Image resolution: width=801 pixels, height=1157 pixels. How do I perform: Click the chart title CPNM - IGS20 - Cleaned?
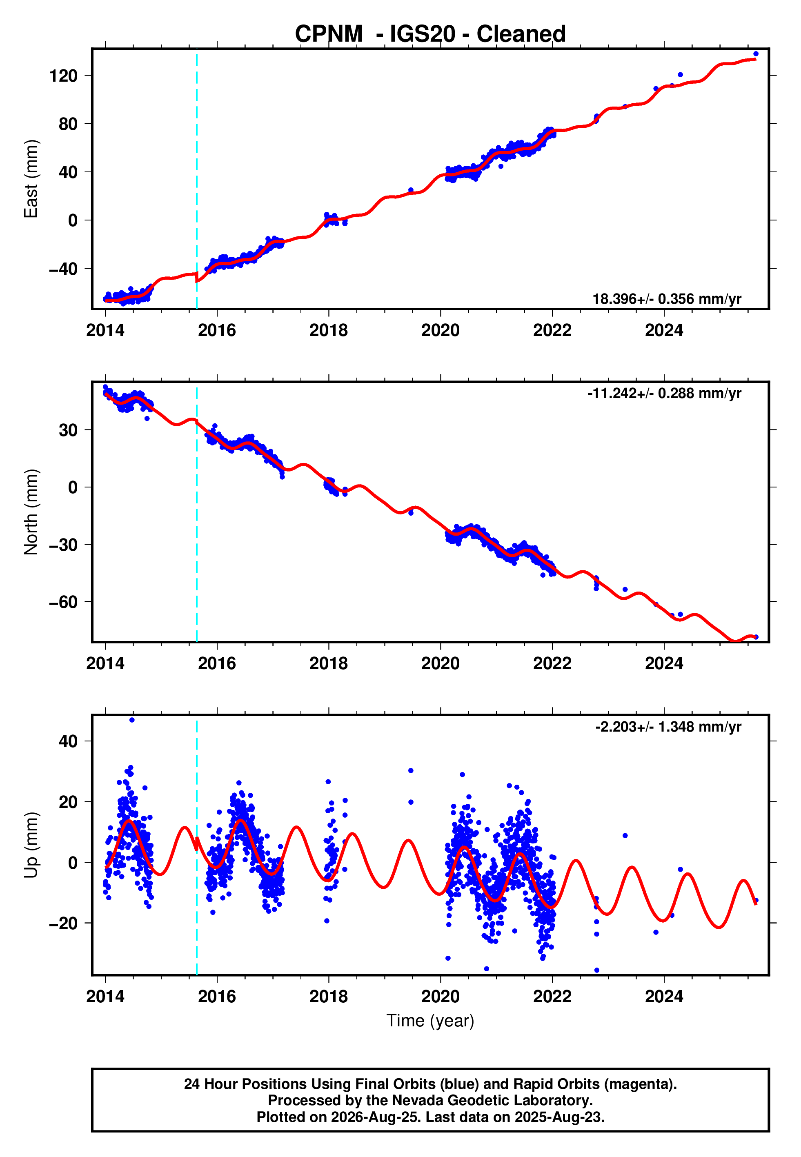pyautogui.click(x=430, y=33)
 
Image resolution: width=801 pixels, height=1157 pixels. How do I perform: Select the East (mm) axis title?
pyautogui.click(x=31, y=179)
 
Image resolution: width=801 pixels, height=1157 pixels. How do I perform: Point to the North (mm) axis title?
pyautogui.click(x=31, y=512)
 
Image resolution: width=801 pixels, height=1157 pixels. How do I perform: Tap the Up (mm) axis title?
pyautogui.click(x=31, y=845)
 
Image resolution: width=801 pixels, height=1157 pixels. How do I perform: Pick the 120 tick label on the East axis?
pyautogui.click(x=63, y=76)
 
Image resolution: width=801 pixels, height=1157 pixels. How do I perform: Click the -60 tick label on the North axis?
pyautogui.click(x=63, y=602)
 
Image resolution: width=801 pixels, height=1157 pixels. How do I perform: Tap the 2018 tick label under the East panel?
pyautogui.click(x=329, y=330)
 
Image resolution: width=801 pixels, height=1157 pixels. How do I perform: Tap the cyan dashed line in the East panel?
pyautogui.click(x=197, y=179)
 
